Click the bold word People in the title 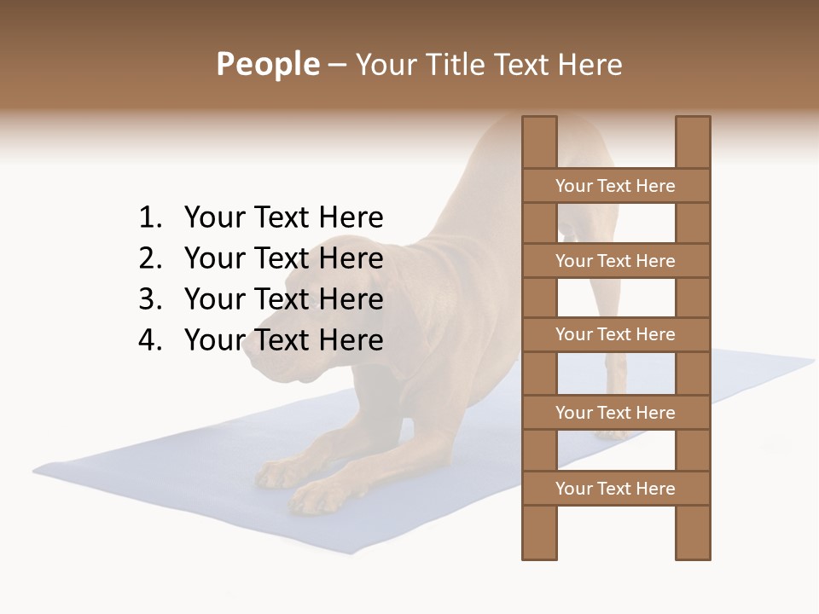click(x=267, y=64)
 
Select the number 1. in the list click(x=150, y=218)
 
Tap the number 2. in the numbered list click(x=150, y=258)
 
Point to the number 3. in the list click(x=150, y=299)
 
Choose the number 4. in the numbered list click(x=150, y=340)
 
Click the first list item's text click(x=283, y=218)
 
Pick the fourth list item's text click(x=283, y=340)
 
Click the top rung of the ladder click(x=615, y=186)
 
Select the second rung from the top click(x=615, y=261)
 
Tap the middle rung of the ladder click(x=615, y=335)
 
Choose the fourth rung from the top click(x=615, y=413)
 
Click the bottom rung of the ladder click(x=615, y=489)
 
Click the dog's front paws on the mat click(x=299, y=486)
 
